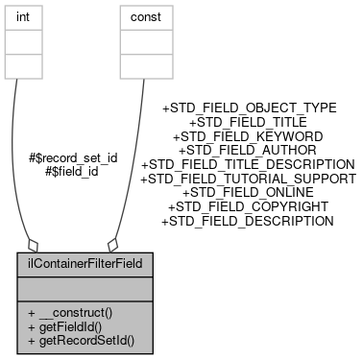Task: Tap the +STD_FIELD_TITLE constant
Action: pyautogui.click(x=248, y=123)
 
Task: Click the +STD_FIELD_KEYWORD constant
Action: pyautogui.click(x=248, y=137)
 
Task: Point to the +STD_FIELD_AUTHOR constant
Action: pyautogui.click(x=248, y=151)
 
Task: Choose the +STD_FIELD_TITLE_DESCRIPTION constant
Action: pyautogui.click(x=248, y=165)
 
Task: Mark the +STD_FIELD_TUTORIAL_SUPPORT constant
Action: pyautogui.click(x=248, y=179)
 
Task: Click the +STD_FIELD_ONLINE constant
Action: pyautogui.click(x=248, y=193)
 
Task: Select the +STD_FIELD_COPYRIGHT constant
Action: pyautogui.click(x=248, y=206)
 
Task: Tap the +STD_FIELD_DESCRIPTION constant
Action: pyautogui.click(x=248, y=221)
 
